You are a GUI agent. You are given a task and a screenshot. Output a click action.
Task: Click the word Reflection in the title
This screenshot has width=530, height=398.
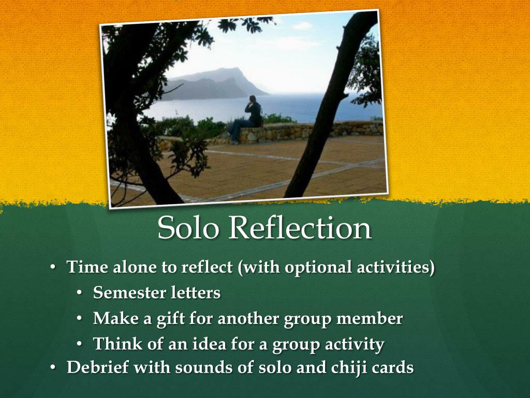(x=300, y=228)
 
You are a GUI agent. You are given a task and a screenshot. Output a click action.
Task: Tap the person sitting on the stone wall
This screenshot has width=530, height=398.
(x=248, y=118)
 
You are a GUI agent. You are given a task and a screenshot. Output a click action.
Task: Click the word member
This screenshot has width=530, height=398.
(x=370, y=318)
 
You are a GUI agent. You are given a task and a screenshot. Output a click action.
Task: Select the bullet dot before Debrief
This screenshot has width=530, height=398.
(x=53, y=368)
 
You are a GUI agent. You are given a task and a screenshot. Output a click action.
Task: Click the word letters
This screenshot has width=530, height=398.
(x=196, y=293)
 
